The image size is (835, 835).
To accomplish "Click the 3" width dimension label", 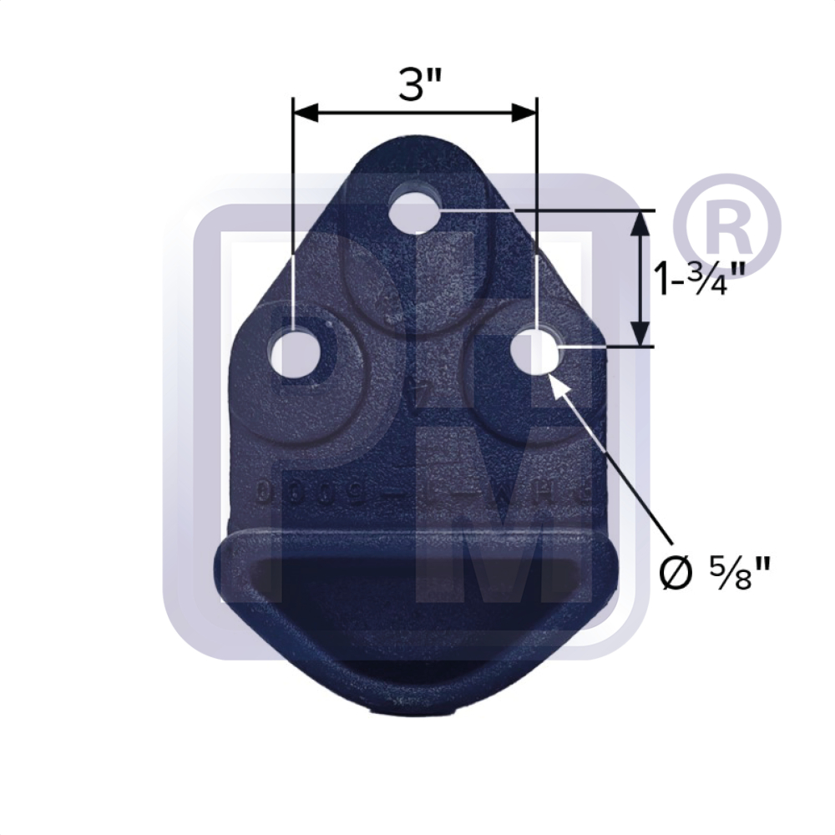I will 414,83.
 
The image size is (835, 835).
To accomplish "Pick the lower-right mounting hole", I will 534,352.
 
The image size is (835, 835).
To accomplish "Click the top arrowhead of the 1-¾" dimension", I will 640,222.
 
